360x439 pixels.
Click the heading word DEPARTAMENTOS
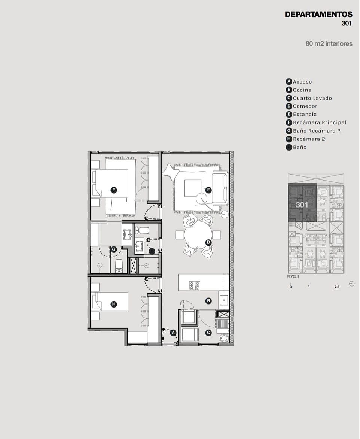click(318, 15)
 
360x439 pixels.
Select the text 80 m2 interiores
click(329, 44)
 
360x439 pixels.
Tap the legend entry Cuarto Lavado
click(312, 98)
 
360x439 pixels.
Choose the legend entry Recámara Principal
click(320, 122)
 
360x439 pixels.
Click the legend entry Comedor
click(305, 106)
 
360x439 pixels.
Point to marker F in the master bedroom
click(113, 190)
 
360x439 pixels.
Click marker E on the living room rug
click(208, 190)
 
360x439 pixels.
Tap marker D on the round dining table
click(208, 242)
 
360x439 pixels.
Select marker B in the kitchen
click(208, 301)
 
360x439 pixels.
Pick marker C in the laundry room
click(208, 333)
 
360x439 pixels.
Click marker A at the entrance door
click(173, 333)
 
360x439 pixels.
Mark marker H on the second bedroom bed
click(113, 304)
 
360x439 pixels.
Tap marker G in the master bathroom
click(113, 249)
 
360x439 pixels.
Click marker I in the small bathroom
click(152, 251)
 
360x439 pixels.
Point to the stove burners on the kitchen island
click(194, 285)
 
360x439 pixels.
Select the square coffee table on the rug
click(193, 188)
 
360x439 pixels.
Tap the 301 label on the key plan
click(302, 205)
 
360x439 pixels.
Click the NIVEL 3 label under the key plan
click(293, 276)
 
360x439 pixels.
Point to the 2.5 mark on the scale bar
click(337, 287)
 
